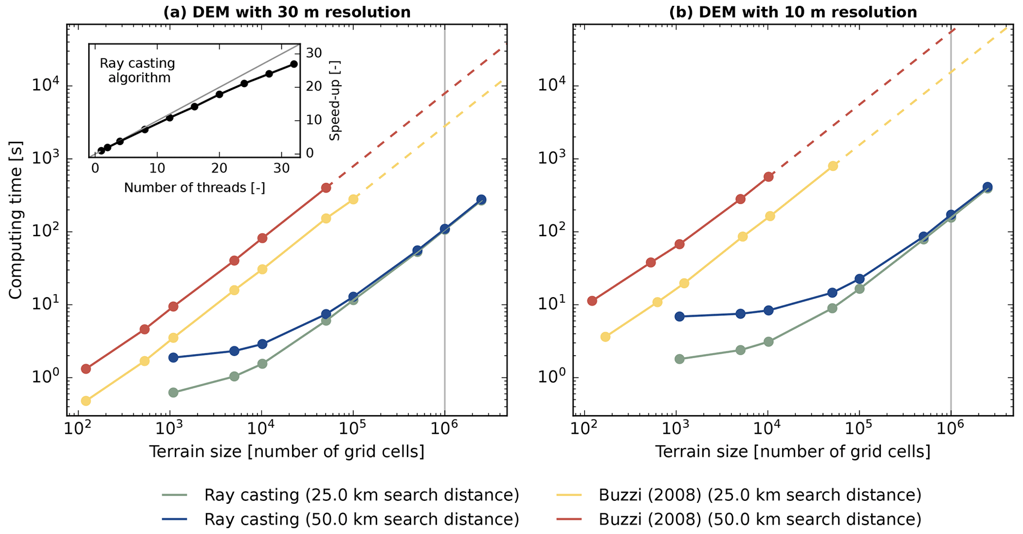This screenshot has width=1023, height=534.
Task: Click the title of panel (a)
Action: (287, 12)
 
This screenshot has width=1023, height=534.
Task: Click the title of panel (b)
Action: (793, 12)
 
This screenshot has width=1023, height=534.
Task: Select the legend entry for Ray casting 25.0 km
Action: (361, 494)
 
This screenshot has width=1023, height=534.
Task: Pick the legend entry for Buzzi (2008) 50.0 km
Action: (760, 519)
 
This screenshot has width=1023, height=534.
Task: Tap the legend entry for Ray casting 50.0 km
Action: (361, 519)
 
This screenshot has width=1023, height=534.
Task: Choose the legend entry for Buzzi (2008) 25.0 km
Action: (760, 494)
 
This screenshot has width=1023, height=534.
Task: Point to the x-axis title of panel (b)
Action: (793, 451)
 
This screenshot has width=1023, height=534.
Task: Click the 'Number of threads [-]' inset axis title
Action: (195, 188)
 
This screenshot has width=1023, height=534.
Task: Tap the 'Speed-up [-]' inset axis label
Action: (335, 101)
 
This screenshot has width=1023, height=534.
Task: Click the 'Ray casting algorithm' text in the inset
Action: (138, 71)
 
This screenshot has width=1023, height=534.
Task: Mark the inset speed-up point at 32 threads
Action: (294, 64)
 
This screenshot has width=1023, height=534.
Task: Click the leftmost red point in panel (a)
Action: (86, 369)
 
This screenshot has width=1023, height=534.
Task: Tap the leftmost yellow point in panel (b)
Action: (605, 337)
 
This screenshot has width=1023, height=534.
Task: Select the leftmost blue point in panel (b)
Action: (680, 316)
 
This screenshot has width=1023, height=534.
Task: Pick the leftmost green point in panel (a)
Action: (173, 392)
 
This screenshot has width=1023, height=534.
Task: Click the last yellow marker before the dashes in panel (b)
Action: (833, 166)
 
